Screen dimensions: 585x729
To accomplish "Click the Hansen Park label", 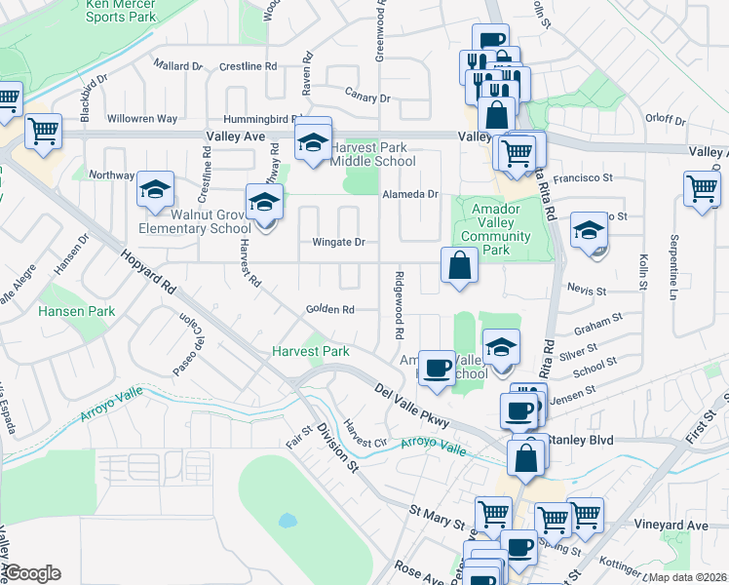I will click(76, 311).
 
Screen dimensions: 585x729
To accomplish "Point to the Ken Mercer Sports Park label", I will click(120, 10).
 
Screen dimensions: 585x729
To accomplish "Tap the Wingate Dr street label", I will click(338, 242).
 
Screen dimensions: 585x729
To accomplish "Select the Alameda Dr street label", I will click(410, 194).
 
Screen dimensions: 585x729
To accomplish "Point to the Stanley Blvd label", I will click(580, 440).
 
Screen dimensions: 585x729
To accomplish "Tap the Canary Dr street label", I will click(367, 97).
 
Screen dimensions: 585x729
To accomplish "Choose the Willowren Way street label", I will click(142, 119).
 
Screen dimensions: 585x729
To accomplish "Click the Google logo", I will click(32, 572).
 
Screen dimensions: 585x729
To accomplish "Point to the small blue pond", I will click(288, 520).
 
